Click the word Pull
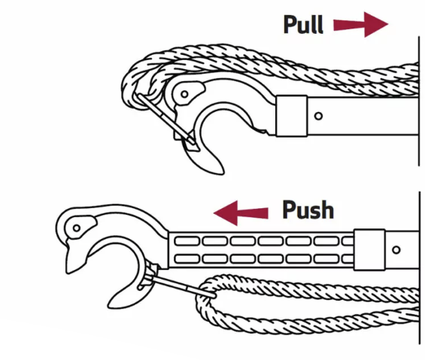[303, 24]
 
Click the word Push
[308, 210]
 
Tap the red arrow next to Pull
[361, 24]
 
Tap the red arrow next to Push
[241, 213]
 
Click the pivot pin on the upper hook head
[184, 94]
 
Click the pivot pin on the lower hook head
[77, 228]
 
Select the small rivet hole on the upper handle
[318, 116]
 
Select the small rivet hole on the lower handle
[396, 250]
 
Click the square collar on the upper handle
[292, 116]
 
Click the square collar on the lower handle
[369, 250]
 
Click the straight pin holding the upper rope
[166, 119]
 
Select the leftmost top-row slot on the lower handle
[187, 241]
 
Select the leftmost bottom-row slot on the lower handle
[187, 259]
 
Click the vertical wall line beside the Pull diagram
[419, 101]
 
